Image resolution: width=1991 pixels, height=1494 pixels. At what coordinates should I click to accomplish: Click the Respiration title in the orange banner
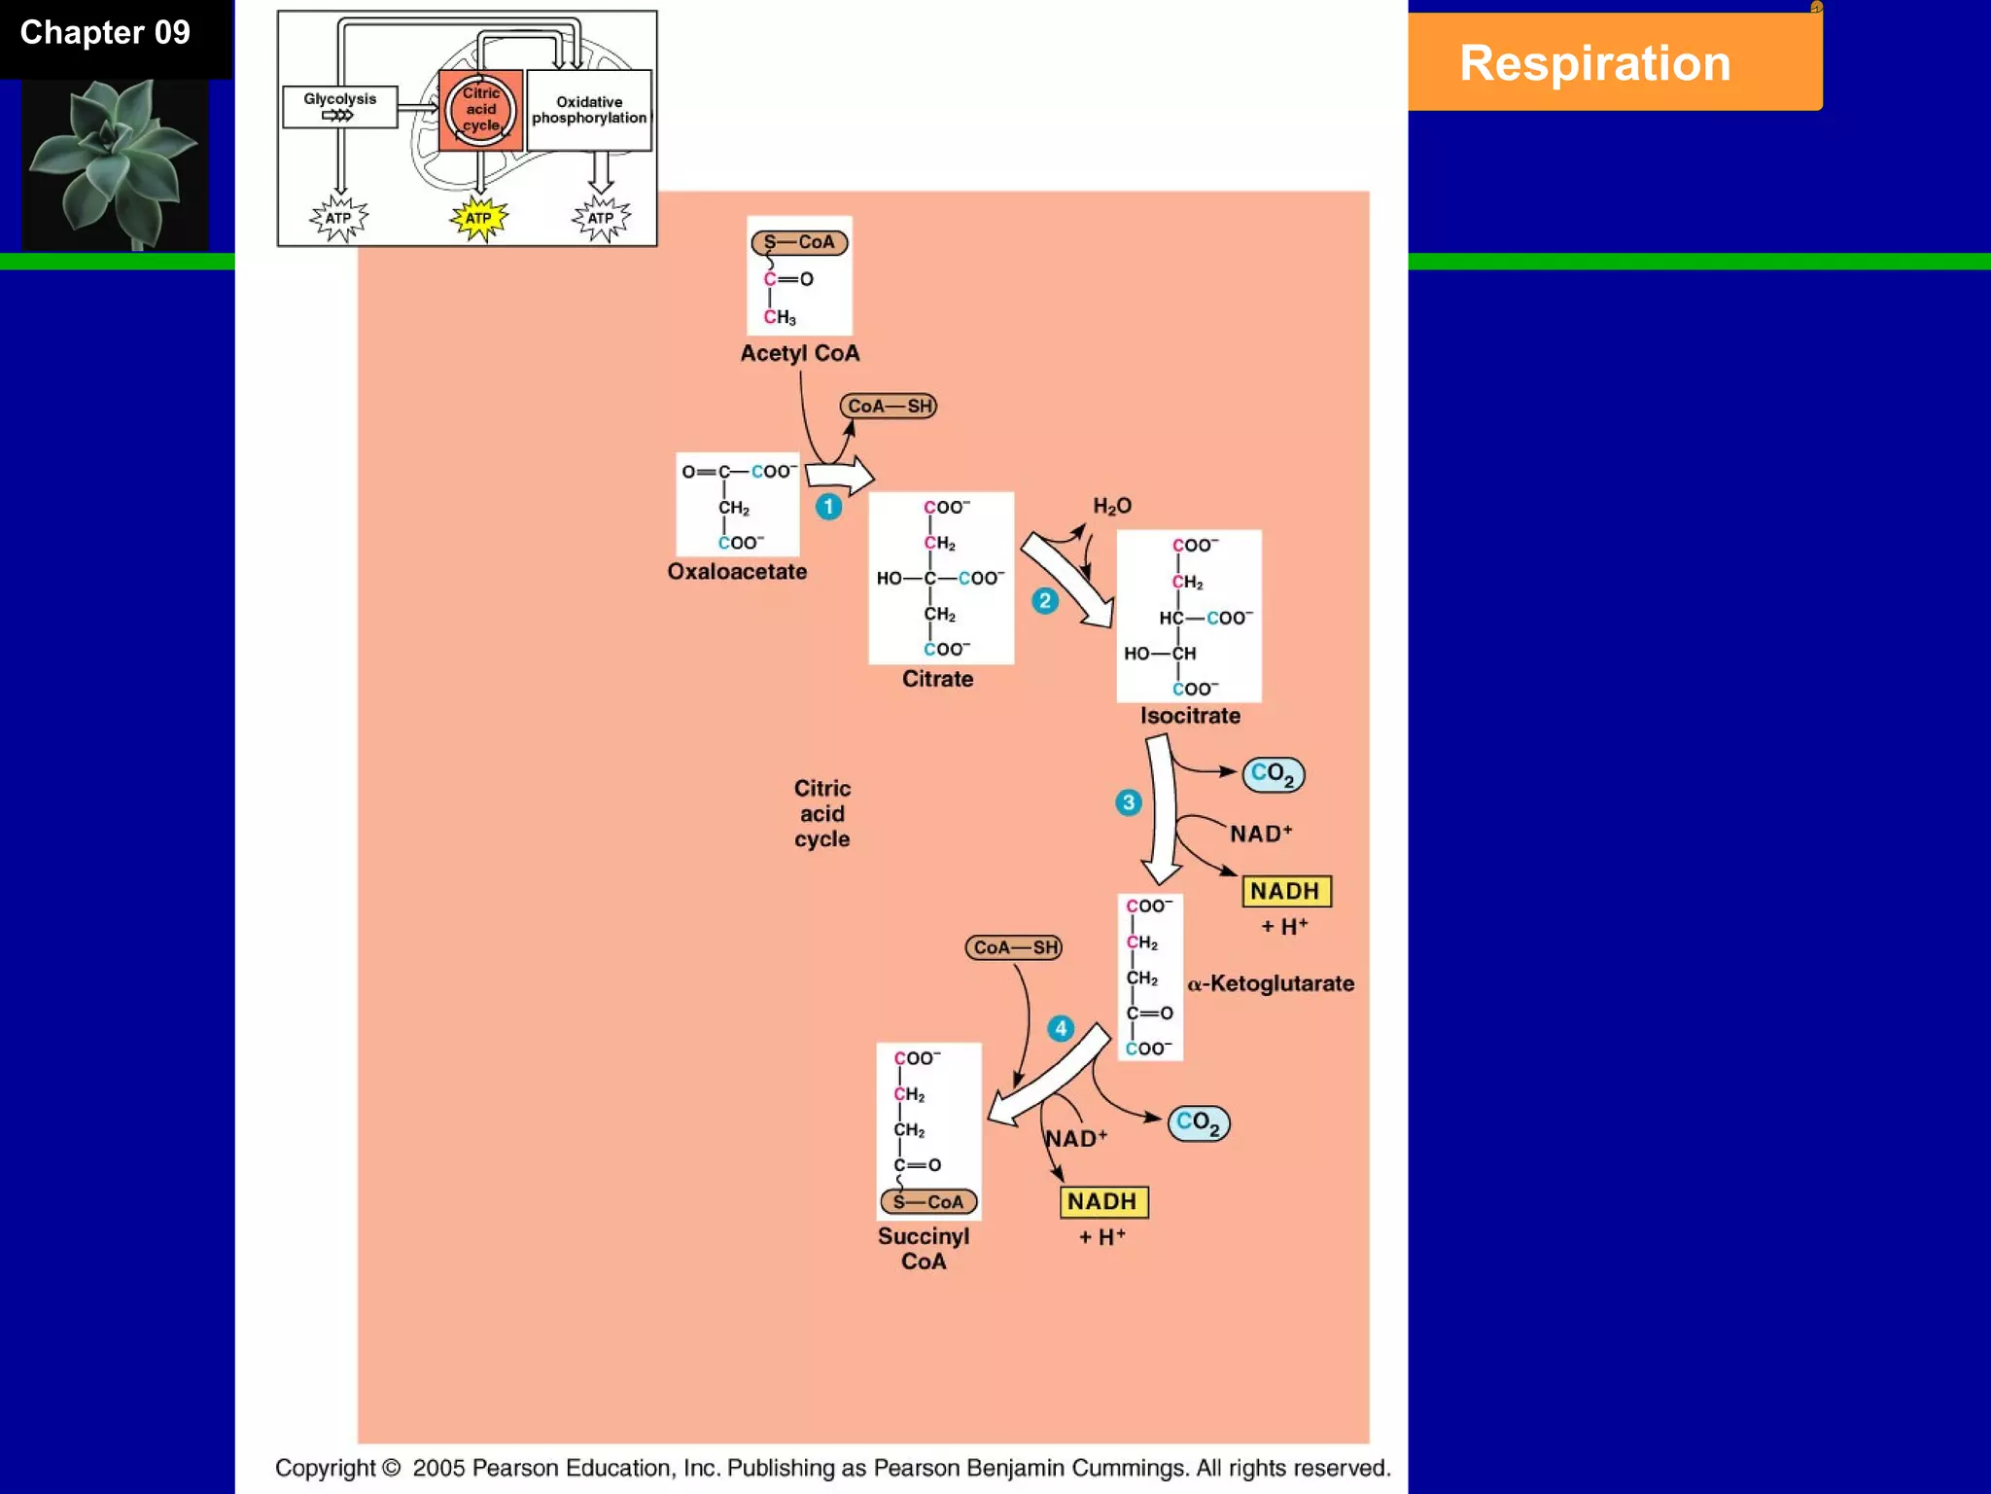(x=1594, y=64)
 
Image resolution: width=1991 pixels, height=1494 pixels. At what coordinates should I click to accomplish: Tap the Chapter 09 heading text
(x=105, y=33)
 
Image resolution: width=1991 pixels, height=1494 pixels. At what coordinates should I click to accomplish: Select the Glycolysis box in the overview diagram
(x=339, y=106)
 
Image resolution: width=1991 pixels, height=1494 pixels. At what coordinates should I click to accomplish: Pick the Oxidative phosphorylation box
(x=588, y=110)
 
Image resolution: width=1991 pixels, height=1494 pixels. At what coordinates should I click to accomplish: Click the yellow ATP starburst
(x=478, y=218)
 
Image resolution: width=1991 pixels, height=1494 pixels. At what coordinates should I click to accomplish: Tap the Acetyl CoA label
(x=799, y=353)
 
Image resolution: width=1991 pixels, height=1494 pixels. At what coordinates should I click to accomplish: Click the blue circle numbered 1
(x=828, y=507)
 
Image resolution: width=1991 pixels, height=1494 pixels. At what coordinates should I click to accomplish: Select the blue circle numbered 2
(x=1045, y=601)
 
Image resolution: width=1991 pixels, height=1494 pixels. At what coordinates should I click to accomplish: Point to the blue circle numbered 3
(x=1128, y=802)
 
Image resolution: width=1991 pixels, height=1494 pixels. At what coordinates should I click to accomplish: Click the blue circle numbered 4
(x=1061, y=1028)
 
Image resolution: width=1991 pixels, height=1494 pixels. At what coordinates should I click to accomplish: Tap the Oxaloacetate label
(x=737, y=572)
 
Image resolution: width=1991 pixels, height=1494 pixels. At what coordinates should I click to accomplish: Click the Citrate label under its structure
(x=937, y=679)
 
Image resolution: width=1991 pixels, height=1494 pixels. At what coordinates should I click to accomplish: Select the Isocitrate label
(x=1190, y=716)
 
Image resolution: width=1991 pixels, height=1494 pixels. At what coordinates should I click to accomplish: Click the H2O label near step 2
(x=1112, y=506)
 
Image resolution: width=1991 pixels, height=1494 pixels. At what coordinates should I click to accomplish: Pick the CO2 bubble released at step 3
(x=1273, y=774)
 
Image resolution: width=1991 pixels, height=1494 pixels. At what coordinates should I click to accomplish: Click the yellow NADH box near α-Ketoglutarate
(x=1286, y=891)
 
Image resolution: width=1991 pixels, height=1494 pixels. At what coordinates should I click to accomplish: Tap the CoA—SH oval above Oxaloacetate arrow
(x=889, y=407)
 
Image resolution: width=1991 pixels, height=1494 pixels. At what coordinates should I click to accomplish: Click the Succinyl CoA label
(x=923, y=1249)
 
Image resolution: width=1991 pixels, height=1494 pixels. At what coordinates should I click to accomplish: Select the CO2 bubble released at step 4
(x=1198, y=1122)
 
